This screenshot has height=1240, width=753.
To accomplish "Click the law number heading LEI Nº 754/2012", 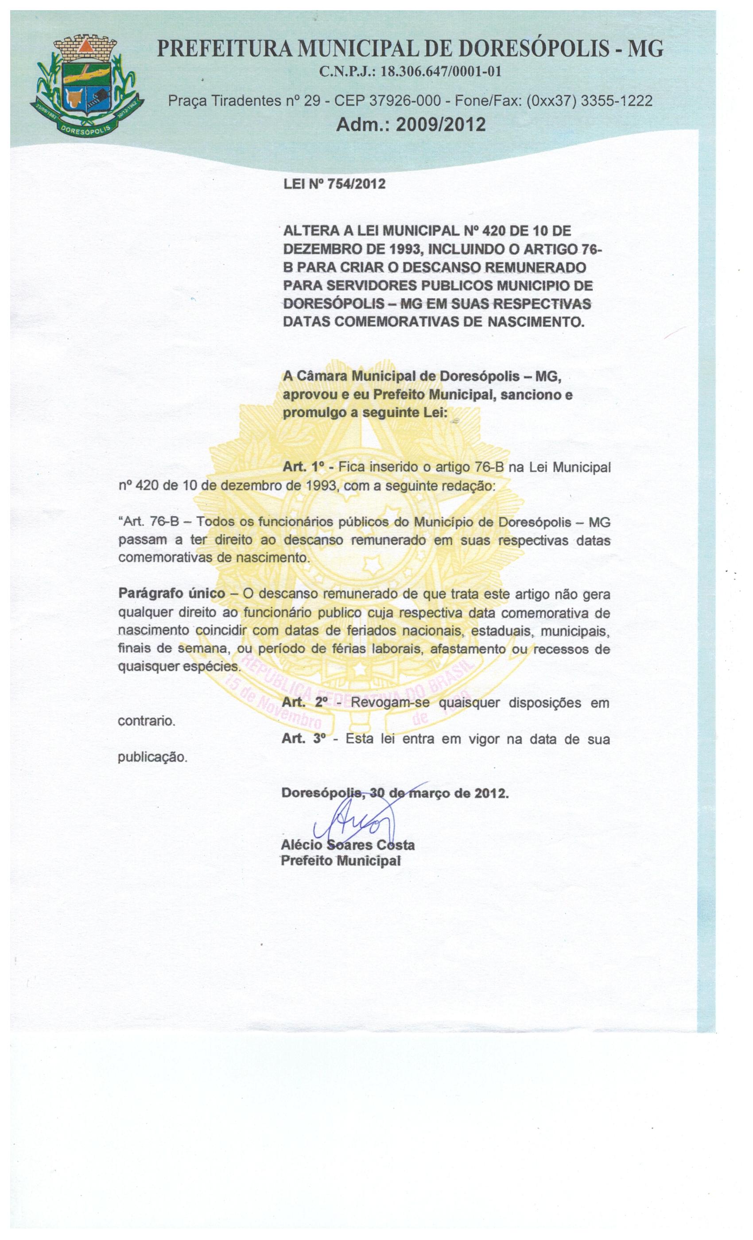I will pyautogui.click(x=335, y=184).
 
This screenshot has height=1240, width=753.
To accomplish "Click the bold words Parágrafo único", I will pyautogui.click(x=171, y=593).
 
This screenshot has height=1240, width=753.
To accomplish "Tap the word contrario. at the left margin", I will pyautogui.click(x=146, y=721).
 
